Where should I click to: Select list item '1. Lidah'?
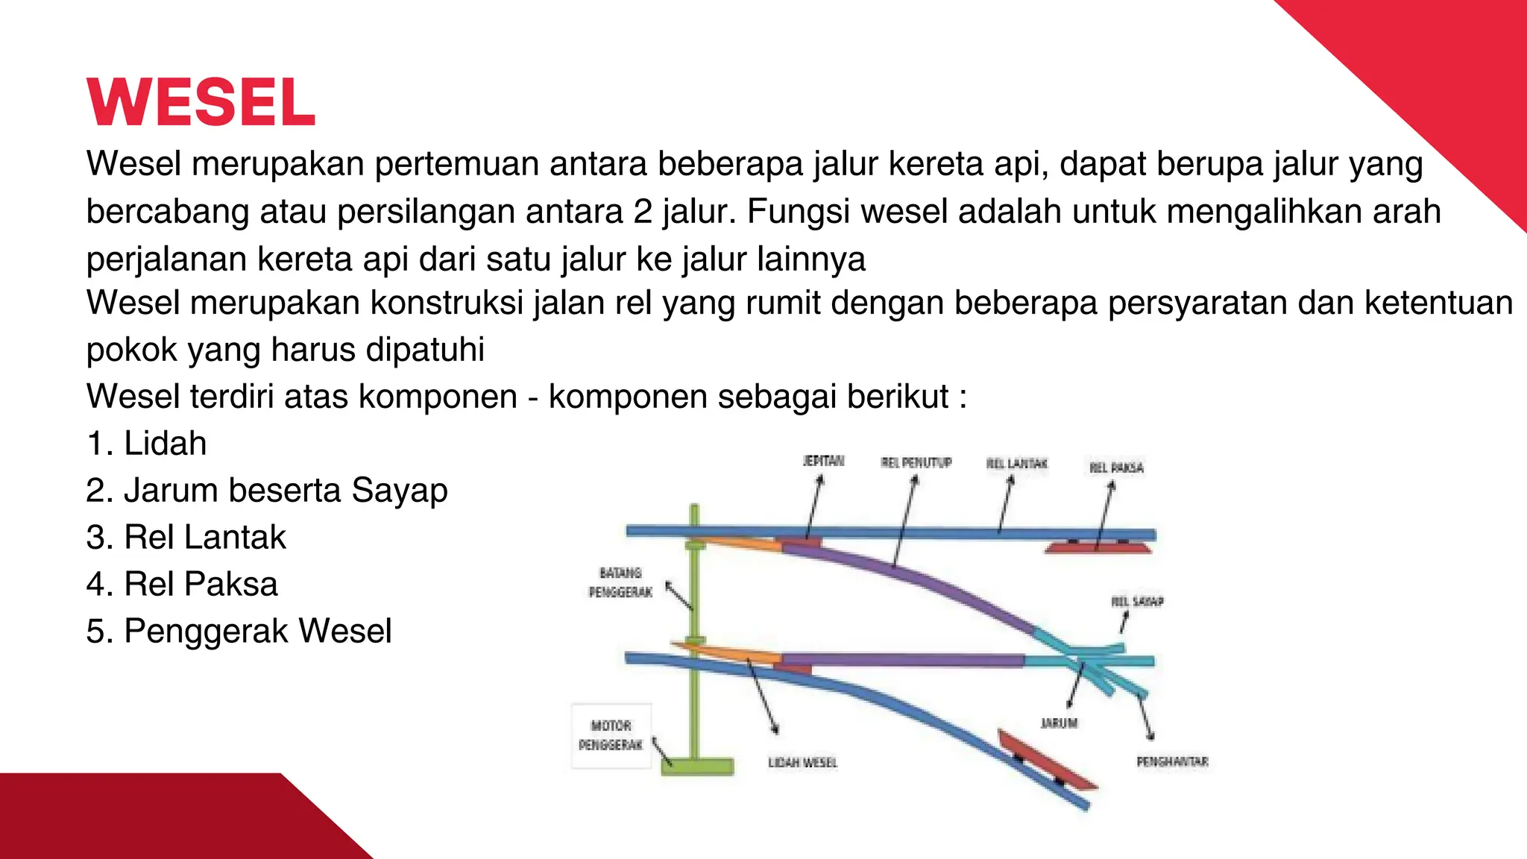pyautogui.click(x=146, y=444)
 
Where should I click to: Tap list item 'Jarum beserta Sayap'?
pyautogui.click(x=267, y=491)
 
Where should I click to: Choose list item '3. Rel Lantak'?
pyautogui.click(x=186, y=538)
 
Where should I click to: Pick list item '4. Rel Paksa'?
pyautogui.click(x=182, y=585)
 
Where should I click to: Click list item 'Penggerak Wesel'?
pyautogui.click(x=239, y=632)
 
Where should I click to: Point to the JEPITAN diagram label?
pyautogui.click(x=823, y=462)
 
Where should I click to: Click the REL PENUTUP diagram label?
pyautogui.click(x=916, y=463)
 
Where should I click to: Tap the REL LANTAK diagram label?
pyautogui.click(x=1017, y=464)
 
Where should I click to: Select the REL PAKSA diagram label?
pyautogui.click(x=1116, y=468)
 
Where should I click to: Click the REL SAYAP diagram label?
pyautogui.click(x=1137, y=601)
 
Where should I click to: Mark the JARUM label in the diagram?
pyautogui.click(x=1059, y=723)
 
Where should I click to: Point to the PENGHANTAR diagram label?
pyautogui.click(x=1172, y=761)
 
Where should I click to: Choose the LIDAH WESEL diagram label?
pyautogui.click(x=803, y=762)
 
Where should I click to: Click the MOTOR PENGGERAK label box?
pyautogui.click(x=611, y=735)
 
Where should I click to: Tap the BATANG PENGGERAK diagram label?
pyautogui.click(x=620, y=582)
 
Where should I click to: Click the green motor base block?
pyautogui.click(x=697, y=767)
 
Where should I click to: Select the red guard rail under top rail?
pyautogui.click(x=1098, y=548)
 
